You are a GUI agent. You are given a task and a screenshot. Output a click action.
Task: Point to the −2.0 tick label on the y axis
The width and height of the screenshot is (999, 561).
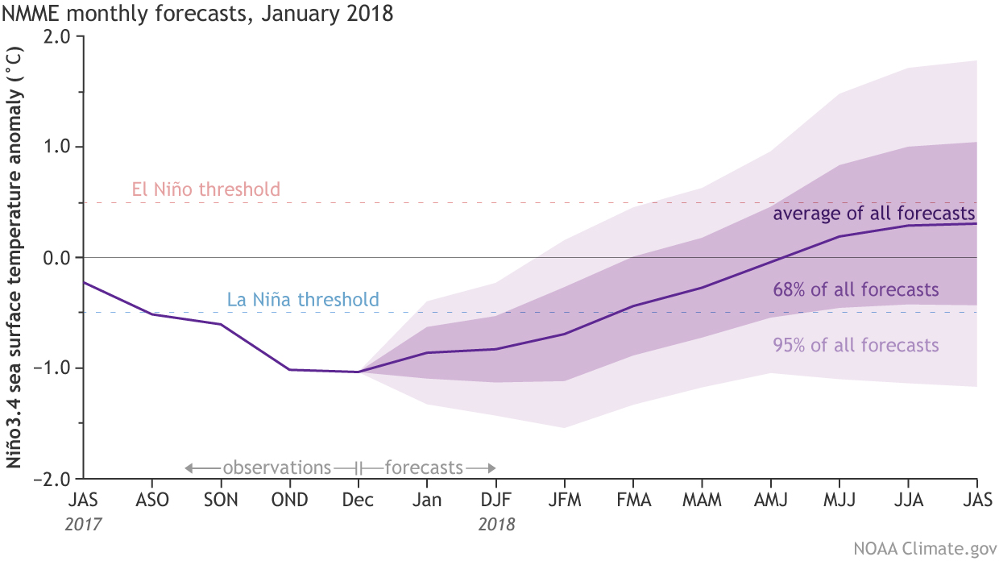pos(54,479)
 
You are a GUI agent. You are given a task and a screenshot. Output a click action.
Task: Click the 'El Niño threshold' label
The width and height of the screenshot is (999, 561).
pos(205,190)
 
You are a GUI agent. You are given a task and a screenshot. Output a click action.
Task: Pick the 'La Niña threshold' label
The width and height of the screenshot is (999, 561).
pos(298,301)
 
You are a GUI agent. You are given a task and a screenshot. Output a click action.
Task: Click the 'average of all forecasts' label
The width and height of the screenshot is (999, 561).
pos(874,214)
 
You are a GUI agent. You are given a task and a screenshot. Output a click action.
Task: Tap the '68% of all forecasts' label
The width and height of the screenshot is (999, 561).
pos(856,289)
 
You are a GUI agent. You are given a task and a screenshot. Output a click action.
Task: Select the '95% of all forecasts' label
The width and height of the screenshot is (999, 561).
pos(856,346)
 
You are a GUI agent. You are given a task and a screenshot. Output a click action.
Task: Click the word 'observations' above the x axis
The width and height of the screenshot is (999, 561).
pos(276,467)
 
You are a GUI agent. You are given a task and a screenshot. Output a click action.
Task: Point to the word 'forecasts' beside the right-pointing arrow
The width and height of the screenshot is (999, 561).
pos(424,467)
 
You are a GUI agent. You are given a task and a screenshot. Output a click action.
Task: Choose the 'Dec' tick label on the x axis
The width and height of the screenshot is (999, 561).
pos(358,500)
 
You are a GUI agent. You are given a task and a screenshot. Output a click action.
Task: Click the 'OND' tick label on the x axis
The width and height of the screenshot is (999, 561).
pos(289,500)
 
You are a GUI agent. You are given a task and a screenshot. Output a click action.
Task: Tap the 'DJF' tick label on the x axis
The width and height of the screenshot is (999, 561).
pos(495,500)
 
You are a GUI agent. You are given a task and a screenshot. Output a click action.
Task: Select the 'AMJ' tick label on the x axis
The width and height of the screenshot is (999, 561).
pos(771,500)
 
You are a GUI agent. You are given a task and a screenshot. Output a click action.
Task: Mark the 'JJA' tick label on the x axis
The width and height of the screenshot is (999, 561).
pos(909,500)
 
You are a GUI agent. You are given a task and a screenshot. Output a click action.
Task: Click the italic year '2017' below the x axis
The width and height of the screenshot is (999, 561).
pos(83,524)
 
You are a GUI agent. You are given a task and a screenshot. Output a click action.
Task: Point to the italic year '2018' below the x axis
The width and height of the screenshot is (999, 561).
pos(495,524)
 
